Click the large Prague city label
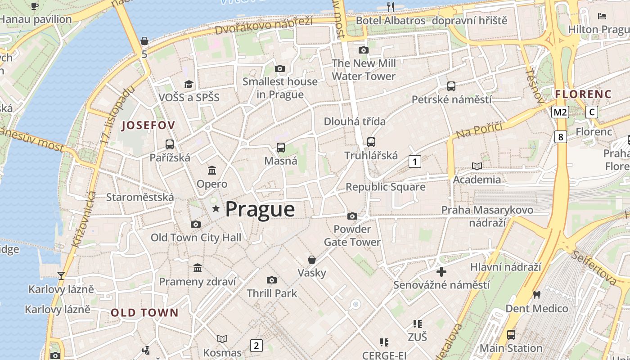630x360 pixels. click(260, 209)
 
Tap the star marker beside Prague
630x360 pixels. click(216, 208)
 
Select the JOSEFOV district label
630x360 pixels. click(148, 126)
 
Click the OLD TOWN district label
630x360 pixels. click(144, 313)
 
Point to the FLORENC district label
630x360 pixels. click(583, 94)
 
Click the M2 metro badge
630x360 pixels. click(560, 112)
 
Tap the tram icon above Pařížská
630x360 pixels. click(170, 144)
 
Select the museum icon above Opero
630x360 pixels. click(212, 170)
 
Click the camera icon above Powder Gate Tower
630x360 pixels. click(352, 216)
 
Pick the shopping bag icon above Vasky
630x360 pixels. click(311, 260)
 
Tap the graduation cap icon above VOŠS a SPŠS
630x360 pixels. click(189, 84)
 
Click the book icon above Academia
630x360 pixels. click(477, 166)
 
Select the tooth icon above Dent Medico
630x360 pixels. click(536, 295)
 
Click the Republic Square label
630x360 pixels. click(385, 187)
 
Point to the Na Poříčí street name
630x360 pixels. click(479, 130)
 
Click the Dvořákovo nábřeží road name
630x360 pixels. click(263, 25)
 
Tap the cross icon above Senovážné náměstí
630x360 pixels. click(441, 272)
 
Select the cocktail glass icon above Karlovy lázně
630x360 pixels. click(61, 275)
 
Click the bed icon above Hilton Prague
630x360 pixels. click(602, 16)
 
